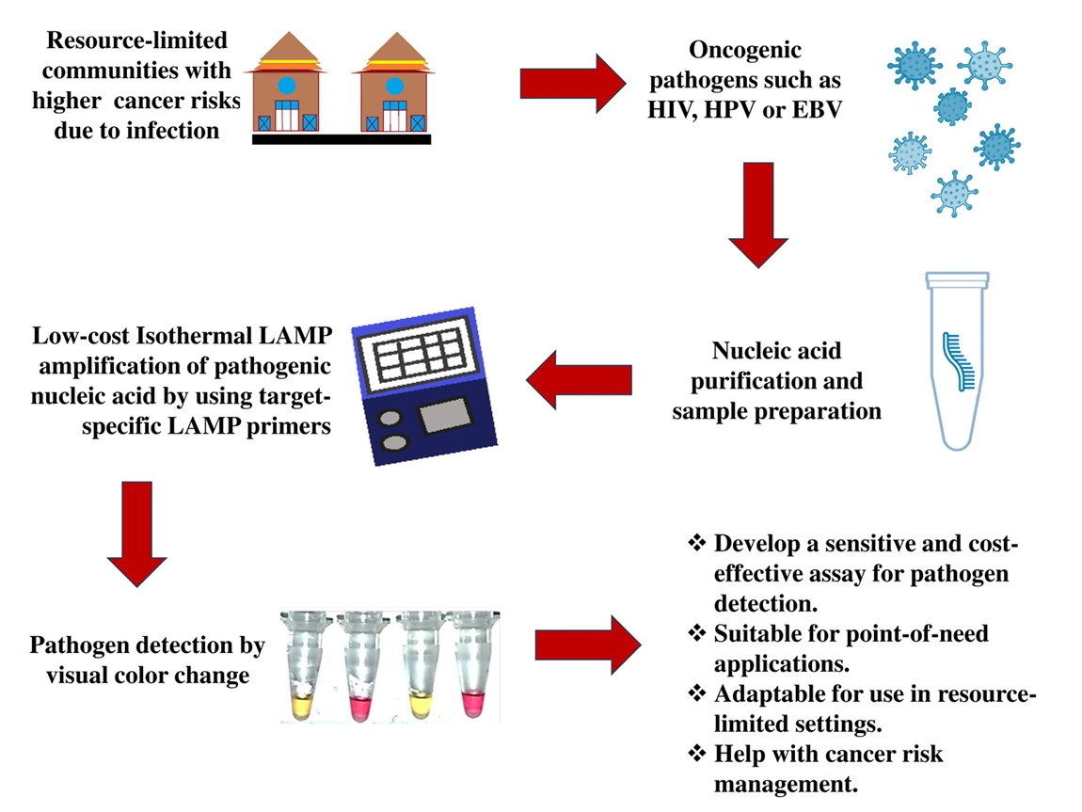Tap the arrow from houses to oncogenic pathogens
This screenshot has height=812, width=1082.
click(575, 81)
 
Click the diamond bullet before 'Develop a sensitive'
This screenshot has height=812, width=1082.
click(697, 544)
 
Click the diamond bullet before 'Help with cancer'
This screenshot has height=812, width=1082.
click(697, 755)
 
